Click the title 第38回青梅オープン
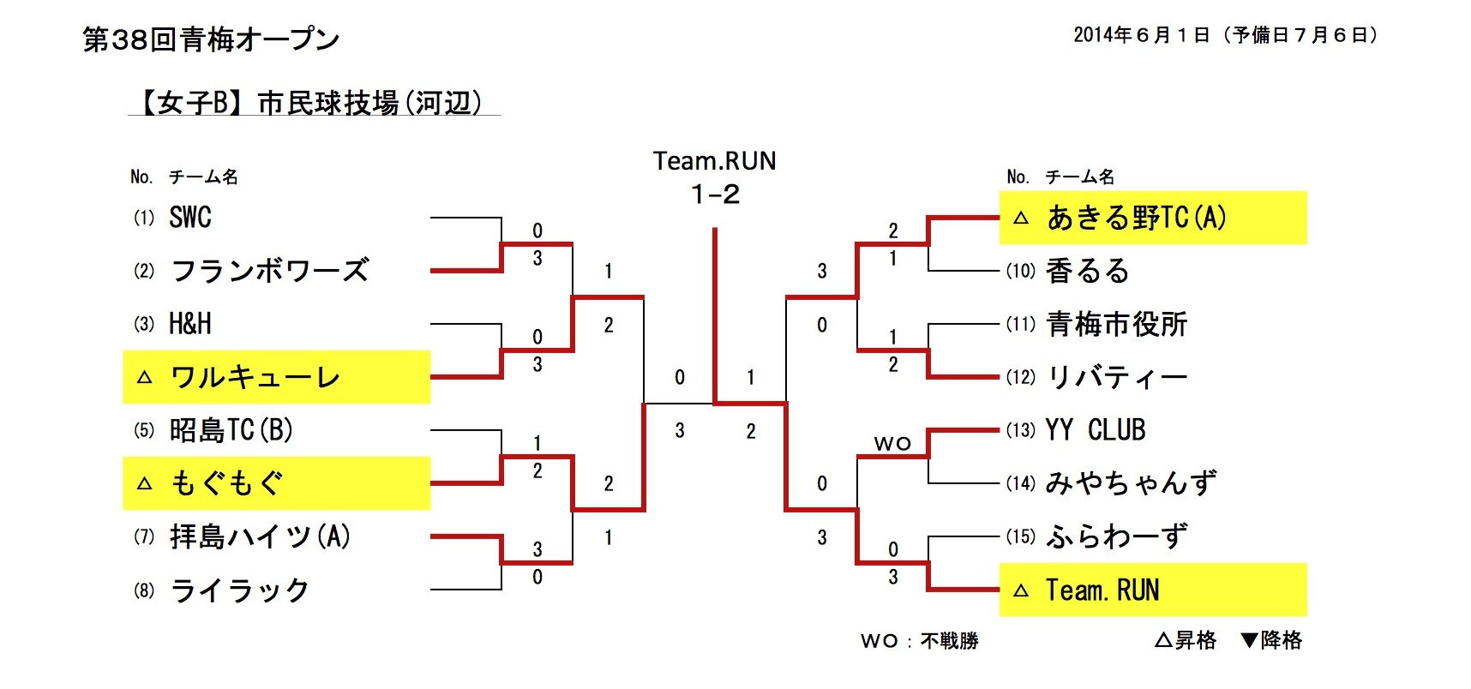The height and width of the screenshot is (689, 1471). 211,39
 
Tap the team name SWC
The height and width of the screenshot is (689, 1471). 190,218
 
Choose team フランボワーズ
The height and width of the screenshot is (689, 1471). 270,271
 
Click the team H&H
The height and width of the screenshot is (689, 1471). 190,324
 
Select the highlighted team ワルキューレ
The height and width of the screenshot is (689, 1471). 255,377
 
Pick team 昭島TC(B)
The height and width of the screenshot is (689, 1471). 231,430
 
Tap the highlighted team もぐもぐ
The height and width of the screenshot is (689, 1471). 227,483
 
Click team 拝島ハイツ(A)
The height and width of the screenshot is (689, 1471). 261,537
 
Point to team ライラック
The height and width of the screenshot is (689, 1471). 240,590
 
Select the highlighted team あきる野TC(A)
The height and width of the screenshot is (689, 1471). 1137,218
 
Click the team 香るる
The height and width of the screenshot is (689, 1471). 1088,271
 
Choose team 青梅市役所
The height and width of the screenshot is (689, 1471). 1117,324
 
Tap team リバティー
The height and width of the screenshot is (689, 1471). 1117,377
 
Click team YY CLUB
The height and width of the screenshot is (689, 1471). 1096,430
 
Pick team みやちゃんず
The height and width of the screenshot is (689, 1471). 1131,483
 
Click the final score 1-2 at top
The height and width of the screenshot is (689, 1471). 715,195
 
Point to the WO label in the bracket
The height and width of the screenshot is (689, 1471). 892,444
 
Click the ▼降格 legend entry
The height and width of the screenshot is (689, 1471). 1271,640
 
